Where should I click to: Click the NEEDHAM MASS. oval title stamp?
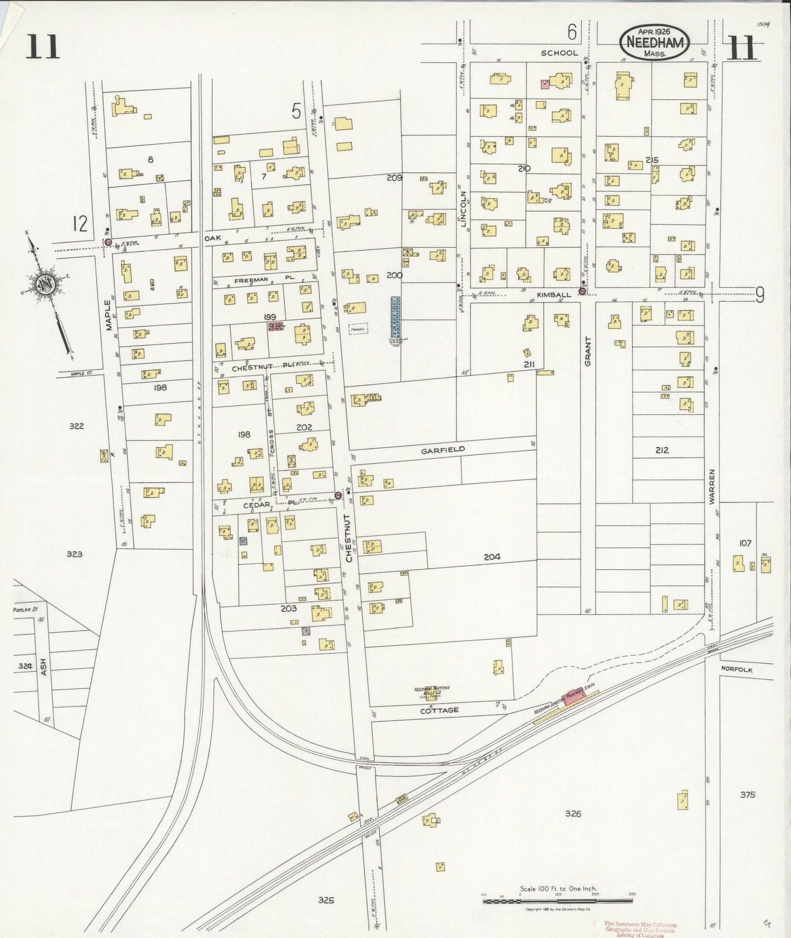654,42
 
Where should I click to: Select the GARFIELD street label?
443,450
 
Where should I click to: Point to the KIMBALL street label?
553,294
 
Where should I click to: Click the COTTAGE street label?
439,710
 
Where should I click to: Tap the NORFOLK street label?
736,669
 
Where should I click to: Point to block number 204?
492,557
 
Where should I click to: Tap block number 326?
573,814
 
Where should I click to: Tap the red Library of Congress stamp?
640,929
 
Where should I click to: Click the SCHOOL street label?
559,53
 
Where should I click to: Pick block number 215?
651,160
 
